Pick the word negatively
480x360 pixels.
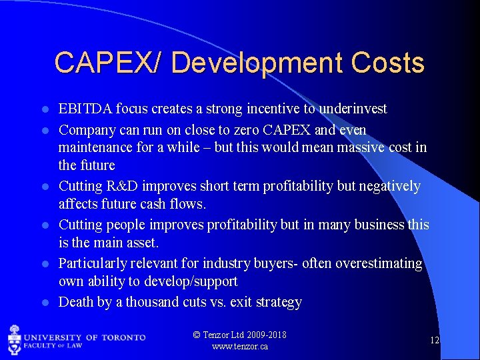click(x=390, y=185)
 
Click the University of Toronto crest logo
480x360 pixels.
click(x=15, y=339)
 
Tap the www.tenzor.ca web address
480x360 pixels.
click(x=240, y=347)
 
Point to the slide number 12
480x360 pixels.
click(x=434, y=340)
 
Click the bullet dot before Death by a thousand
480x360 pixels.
click(x=45, y=303)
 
